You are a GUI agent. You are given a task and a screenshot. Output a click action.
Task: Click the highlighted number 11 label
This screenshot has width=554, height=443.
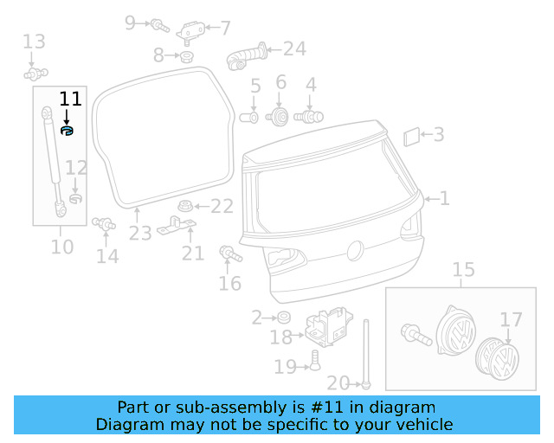69,99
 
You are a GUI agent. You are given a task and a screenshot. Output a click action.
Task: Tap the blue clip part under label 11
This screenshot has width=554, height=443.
68,131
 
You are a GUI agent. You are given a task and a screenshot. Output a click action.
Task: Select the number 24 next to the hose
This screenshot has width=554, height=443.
294,48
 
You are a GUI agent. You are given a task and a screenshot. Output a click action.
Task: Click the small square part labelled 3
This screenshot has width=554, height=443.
413,135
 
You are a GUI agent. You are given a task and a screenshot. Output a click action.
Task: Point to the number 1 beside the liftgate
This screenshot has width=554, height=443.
445,199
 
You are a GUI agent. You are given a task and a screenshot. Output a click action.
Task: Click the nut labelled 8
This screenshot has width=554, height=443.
185,57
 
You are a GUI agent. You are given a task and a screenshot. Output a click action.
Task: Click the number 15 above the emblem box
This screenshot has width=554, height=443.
464,270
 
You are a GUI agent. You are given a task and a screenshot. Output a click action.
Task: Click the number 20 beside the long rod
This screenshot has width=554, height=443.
338,383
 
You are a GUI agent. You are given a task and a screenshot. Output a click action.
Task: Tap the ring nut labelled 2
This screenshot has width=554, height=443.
283,318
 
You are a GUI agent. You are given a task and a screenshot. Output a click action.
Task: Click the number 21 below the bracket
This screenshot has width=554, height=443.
192,253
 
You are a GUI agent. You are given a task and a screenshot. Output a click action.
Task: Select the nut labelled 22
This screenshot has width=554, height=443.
184,207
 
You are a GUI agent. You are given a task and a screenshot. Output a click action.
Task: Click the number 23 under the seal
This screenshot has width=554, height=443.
140,233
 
